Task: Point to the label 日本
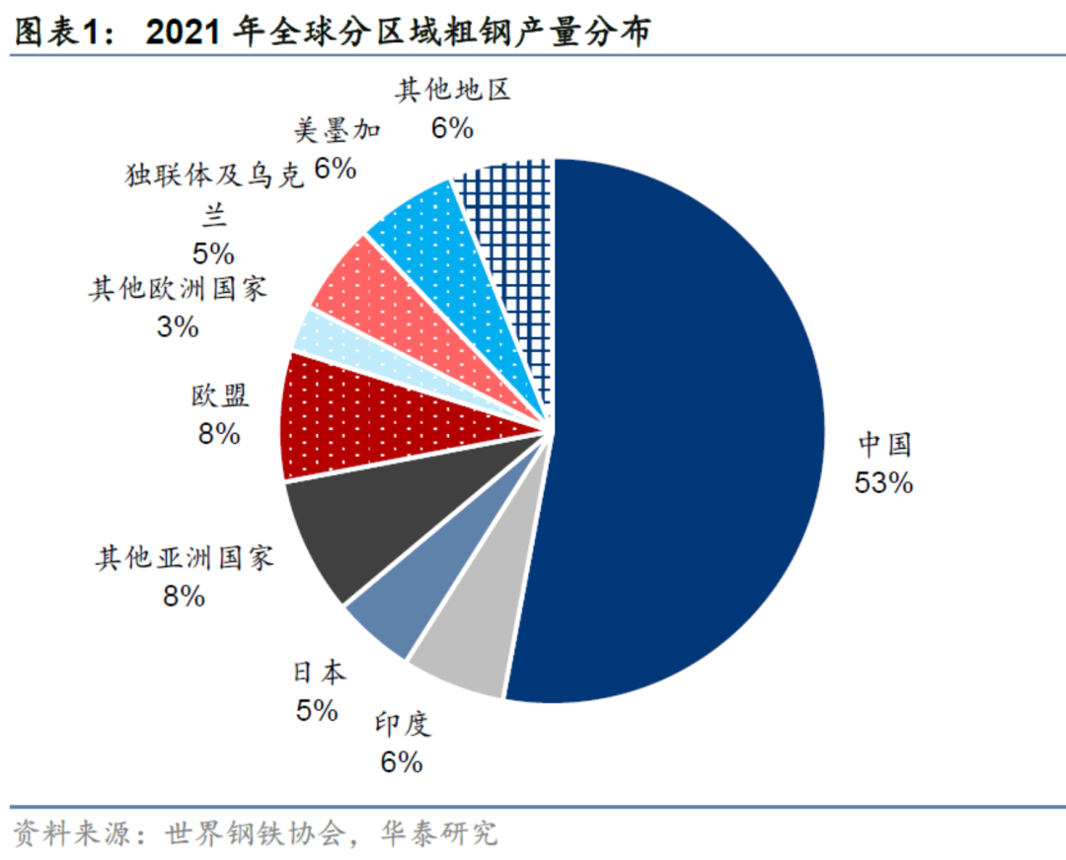pyautogui.click(x=318, y=674)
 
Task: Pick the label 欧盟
pyautogui.click(x=219, y=396)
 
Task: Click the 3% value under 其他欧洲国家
pyautogui.click(x=178, y=326)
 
